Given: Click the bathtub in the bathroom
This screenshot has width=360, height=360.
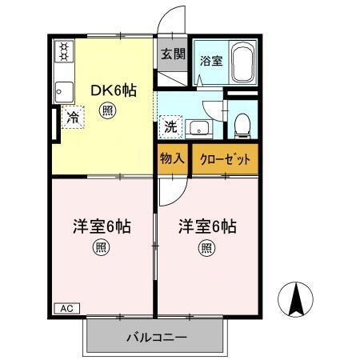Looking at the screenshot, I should [242, 63].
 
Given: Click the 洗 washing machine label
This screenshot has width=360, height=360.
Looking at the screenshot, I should [171, 126].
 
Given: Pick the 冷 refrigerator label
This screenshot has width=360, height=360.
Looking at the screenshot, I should [73, 118].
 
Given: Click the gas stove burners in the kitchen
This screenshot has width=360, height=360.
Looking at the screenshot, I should [63, 53].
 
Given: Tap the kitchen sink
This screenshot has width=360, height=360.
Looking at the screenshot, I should [63, 90].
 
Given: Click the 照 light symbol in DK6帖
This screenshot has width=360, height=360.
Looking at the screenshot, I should [106, 113].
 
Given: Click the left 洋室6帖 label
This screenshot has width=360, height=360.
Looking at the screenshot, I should [100, 226].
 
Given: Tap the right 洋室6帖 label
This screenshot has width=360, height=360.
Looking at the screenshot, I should [206, 226].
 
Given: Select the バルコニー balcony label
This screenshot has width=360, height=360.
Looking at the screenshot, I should [156, 337].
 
